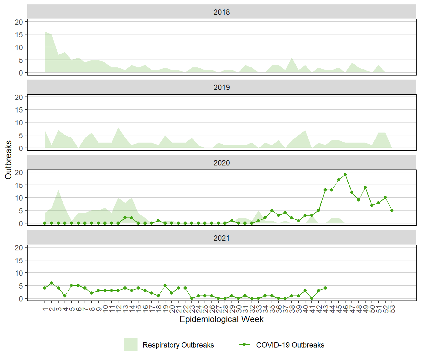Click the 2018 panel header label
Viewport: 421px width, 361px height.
point(221,12)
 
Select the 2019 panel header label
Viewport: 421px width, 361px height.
point(221,87)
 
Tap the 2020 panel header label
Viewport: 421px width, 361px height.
point(221,163)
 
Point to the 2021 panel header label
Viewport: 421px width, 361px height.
point(221,238)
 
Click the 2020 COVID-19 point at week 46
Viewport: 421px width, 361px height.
point(345,175)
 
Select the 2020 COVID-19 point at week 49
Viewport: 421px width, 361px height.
point(365,187)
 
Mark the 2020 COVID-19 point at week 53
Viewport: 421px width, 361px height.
point(392,210)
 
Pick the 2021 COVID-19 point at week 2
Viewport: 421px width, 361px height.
point(51,283)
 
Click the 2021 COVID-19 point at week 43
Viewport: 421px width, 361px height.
point(325,288)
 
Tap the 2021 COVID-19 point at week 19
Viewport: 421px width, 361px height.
point(165,285)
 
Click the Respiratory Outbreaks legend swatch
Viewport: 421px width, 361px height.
point(131,344)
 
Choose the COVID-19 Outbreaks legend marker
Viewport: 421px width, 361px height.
point(244,344)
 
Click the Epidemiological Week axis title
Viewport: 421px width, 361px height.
point(221,319)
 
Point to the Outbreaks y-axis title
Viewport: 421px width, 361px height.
point(8,160)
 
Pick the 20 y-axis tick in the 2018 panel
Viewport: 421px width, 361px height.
point(19,22)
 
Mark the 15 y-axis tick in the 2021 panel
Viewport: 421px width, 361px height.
point(19,260)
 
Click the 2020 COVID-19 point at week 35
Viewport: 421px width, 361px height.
point(272,210)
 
